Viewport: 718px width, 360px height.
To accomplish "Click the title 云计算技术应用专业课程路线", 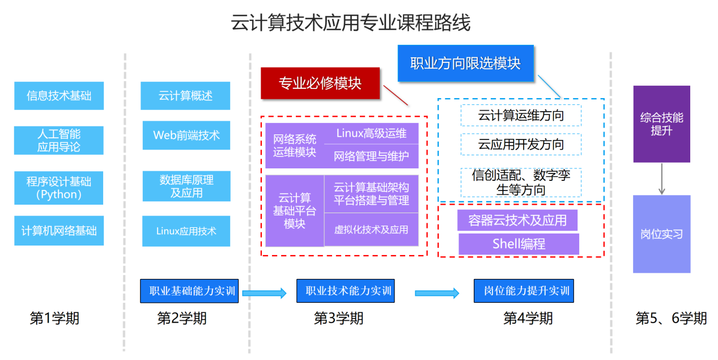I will pyautogui.click(x=350, y=24).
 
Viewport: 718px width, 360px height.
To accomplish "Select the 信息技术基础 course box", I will pyautogui.click(x=58, y=96).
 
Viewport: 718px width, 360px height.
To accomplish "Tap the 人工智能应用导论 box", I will pyautogui.click(x=58, y=141).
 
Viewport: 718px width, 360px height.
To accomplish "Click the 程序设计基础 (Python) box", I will pyautogui.click(x=58, y=188).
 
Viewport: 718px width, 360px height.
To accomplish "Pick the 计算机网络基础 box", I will pyautogui.click(x=58, y=231).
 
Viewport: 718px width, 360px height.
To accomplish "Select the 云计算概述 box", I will pyautogui.click(x=185, y=96).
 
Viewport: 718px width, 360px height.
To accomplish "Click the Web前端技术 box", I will pyautogui.click(x=186, y=135).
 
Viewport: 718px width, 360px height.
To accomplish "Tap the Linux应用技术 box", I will pyautogui.click(x=186, y=231).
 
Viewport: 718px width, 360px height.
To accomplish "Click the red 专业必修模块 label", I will pyautogui.click(x=320, y=83).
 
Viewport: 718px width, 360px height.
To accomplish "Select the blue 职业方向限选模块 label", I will pyautogui.click(x=465, y=63).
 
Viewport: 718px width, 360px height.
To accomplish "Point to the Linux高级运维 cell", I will pyautogui.click(x=371, y=134).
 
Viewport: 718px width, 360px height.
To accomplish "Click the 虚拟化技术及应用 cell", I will pyautogui.click(x=371, y=230).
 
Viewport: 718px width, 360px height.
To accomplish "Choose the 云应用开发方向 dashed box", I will pyautogui.click(x=521, y=144).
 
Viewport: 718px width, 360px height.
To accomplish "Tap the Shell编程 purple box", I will pyautogui.click(x=519, y=244).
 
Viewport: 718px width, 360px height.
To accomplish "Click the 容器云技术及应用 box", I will pyautogui.click(x=517, y=220).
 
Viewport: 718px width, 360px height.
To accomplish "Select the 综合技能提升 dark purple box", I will pyautogui.click(x=661, y=124).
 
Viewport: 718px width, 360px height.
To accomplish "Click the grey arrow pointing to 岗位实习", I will pyautogui.click(x=661, y=179).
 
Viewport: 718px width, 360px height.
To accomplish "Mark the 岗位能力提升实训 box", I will pyautogui.click(x=524, y=291).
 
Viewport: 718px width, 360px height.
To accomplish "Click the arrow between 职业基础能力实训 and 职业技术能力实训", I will pyautogui.click(x=264, y=293).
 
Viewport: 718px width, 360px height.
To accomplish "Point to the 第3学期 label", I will pyautogui.click(x=338, y=319).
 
